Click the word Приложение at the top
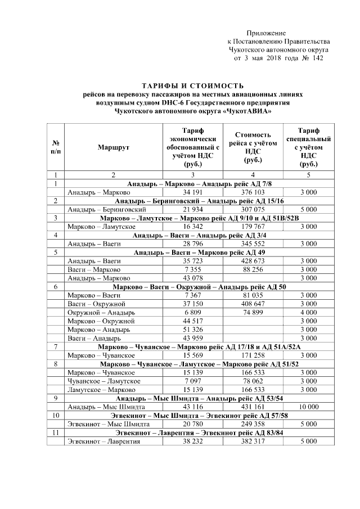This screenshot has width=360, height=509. [267, 34]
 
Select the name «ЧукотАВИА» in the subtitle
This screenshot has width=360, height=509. [247, 111]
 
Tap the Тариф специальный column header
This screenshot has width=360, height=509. [308, 147]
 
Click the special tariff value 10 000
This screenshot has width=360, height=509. [308, 406]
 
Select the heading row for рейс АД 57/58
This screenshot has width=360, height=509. [192, 415]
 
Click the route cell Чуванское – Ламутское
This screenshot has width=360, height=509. [101, 380]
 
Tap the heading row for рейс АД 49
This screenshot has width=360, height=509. [192, 253]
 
